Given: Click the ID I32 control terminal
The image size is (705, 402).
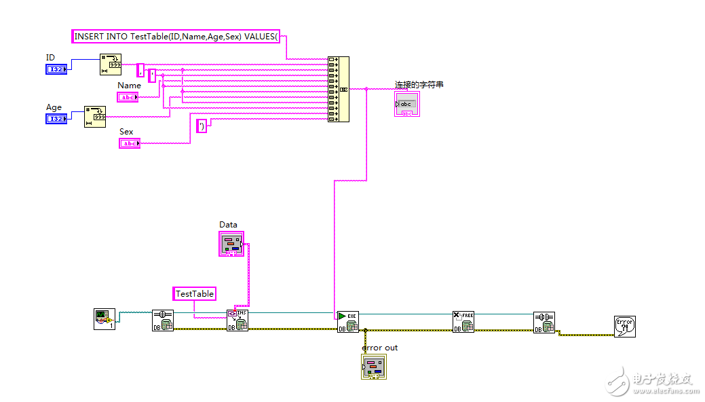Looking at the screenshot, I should pos(56,70).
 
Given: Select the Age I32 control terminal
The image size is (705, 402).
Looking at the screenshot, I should pos(56,119).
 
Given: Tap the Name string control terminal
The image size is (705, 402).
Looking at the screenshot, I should pos(128,97).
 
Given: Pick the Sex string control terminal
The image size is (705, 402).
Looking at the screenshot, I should pos(129,143).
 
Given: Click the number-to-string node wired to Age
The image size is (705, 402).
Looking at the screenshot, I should pos(95,116).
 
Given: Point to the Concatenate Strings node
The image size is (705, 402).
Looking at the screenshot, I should pos(338,89).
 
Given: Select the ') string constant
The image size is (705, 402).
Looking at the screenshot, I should pos(202,126).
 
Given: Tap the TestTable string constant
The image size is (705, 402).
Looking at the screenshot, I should pos(195,293).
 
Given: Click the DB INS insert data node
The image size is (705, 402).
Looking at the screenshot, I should pos(237,320).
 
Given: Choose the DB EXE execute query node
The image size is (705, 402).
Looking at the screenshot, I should pos(348,321).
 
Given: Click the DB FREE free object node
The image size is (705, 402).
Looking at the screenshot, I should pos(463,321).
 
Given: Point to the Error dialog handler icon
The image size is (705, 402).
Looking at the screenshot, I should pos(624,326).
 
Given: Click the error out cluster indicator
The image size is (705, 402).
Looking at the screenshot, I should pos(373,367).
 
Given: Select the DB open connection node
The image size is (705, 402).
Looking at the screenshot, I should pos(163,321).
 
